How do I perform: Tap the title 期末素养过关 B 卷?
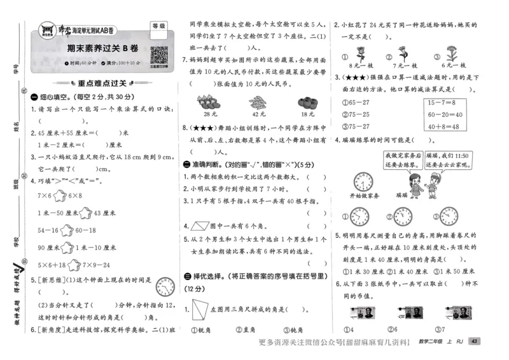point(103,48)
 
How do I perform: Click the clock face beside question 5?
point(165,287)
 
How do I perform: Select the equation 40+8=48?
point(444,126)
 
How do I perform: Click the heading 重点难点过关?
point(102,82)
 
